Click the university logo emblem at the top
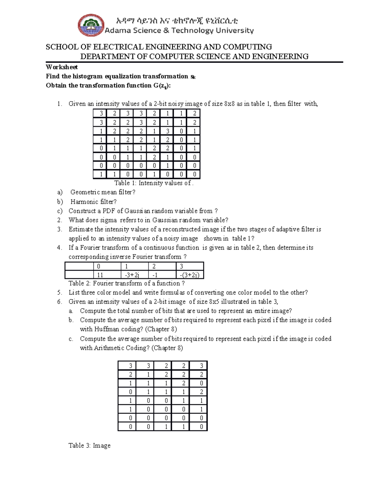click(91, 25)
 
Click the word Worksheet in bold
click(62, 67)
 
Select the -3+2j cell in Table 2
click(134, 275)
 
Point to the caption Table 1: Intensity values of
click(154, 183)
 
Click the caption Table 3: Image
click(89, 446)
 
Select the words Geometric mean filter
click(102, 192)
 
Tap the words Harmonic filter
click(93, 202)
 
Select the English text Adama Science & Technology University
click(179, 31)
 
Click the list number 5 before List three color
click(59, 292)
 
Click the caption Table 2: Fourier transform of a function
click(126, 283)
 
